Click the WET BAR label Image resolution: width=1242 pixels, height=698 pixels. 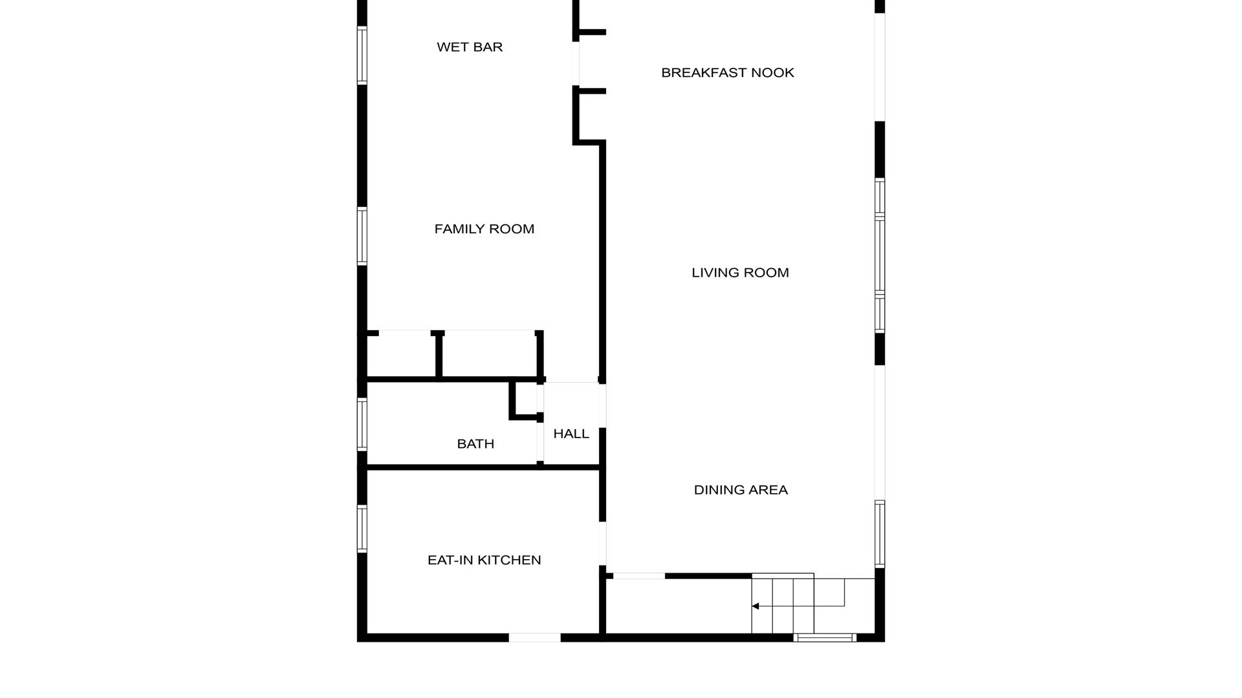(470, 47)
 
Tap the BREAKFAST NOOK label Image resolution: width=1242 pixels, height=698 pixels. (727, 73)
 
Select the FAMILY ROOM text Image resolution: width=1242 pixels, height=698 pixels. (484, 229)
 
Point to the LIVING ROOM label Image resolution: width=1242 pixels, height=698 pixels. (740, 273)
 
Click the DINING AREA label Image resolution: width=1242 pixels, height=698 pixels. (741, 490)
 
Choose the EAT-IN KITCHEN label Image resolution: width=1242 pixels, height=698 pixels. (484, 560)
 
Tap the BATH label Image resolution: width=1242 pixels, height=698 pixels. (475, 444)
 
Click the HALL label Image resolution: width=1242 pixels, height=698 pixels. (571, 434)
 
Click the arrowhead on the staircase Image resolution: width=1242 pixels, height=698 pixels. (755, 606)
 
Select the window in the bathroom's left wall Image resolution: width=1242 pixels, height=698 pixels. (362, 424)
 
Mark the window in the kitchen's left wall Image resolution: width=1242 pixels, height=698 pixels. (362, 529)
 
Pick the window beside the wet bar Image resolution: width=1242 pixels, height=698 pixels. (362, 55)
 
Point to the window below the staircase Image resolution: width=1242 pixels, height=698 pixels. (825, 638)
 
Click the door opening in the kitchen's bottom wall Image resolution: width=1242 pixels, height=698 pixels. (534, 638)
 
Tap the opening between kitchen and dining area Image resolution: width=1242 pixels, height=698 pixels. (602, 544)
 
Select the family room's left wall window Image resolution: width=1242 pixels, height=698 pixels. (362, 236)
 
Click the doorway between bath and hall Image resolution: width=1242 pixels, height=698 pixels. (540, 442)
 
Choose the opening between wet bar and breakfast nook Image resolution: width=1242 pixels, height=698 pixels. (576, 63)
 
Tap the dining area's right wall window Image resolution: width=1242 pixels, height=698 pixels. (880, 534)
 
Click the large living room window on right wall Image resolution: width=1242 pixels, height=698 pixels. (880, 255)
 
